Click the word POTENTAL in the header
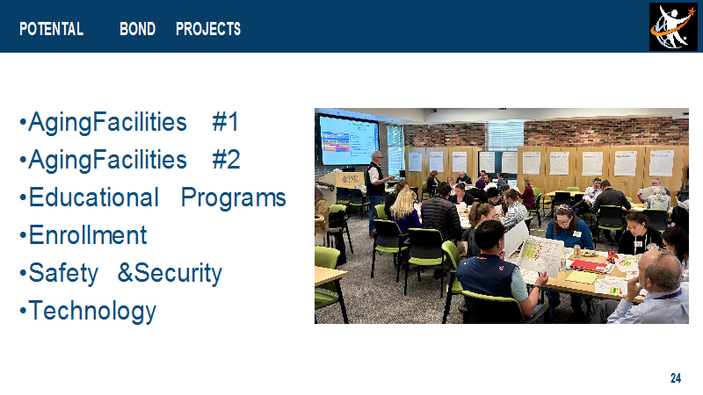pos(51,29)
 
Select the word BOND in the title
pos(137,29)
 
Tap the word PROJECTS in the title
pos(208,29)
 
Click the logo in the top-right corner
pos(673,27)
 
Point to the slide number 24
pos(676,378)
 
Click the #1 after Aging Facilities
pos(225,122)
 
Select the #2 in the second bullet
pos(226,160)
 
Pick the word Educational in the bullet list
pos(94,197)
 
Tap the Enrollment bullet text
pos(88,235)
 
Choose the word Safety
pos(63,273)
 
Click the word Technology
pos(92,312)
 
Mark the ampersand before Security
pos(125,273)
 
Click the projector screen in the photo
pos(348,140)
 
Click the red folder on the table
pos(587,265)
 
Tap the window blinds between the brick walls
pos(505,136)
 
